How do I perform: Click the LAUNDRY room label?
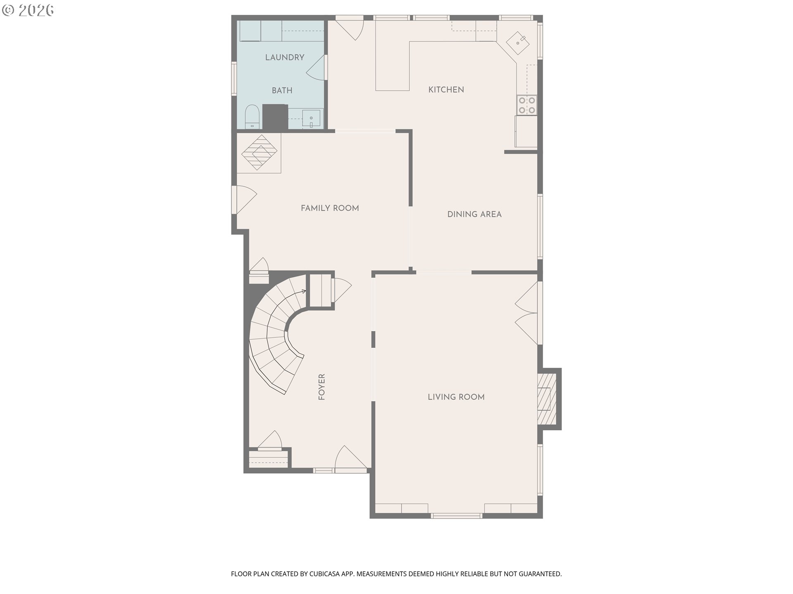[285, 57]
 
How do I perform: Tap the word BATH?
[282, 90]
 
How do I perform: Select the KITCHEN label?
[446, 90]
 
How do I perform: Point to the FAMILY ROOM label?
[330, 208]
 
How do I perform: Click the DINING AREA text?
[474, 214]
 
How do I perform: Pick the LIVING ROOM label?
[456, 397]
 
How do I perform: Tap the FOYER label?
[322, 387]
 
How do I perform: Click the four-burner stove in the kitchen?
[527, 105]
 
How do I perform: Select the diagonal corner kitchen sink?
[518, 42]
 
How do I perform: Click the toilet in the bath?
[252, 117]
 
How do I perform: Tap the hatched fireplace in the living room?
[546, 398]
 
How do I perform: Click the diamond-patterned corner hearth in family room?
[259, 152]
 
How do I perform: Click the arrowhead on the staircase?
[304, 292]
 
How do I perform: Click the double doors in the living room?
[527, 313]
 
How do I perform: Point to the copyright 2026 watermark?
[28, 10]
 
